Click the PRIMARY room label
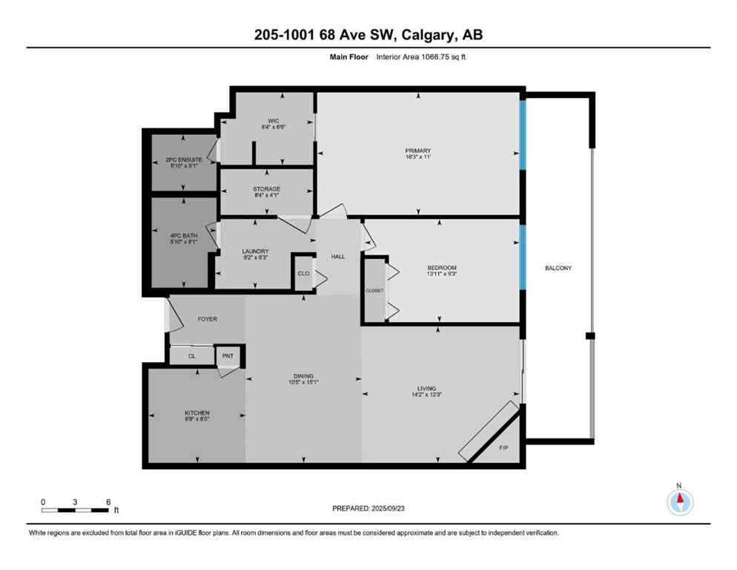[418, 151]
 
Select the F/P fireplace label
[503, 448]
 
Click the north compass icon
[679, 502]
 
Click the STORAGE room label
[266, 189]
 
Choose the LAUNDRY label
[255, 251]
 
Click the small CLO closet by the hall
[303, 272]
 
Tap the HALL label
[338, 256]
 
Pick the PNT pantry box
[228, 356]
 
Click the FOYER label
[207, 319]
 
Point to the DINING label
[303, 376]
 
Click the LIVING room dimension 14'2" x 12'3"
[426, 396]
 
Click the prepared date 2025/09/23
[390, 508]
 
